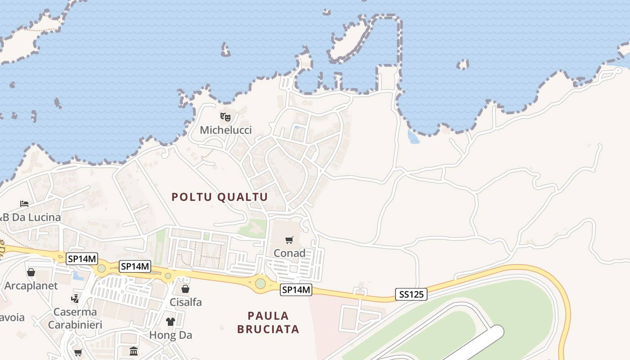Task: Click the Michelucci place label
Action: pos(225,130)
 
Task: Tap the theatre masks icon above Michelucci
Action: pos(225,117)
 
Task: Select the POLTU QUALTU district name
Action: pos(220,197)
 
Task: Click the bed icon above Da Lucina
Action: pos(24,204)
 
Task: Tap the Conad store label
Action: pos(289,253)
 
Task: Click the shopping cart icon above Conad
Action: pos(289,240)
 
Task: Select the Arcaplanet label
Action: pos(31,286)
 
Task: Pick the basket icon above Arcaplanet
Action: pos(31,272)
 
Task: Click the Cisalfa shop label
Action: pos(185,302)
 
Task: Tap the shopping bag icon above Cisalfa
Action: pos(185,289)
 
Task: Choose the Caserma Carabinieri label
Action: pos(75,318)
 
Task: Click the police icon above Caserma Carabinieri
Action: pos(75,298)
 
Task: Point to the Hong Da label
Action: pos(171,335)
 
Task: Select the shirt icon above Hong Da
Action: pos(171,321)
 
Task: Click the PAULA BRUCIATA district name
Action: pos(268,322)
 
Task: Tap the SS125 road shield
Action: pos(411,295)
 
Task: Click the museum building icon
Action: pos(134,351)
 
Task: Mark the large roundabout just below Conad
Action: pos(261,283)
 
